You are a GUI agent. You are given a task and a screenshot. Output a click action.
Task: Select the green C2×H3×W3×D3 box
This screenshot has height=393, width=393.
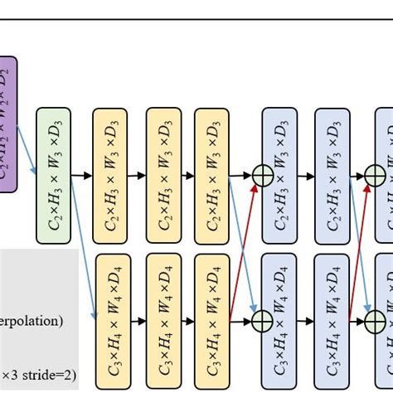pos(54,175)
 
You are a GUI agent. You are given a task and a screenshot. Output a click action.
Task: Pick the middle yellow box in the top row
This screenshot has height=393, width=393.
pos(163,175)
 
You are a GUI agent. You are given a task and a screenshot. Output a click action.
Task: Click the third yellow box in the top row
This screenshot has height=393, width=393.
pos(212,175)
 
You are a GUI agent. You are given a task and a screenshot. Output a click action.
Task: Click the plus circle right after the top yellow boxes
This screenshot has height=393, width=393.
pos(263,176)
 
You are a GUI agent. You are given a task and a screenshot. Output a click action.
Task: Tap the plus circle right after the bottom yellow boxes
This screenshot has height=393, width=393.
pos(263,318)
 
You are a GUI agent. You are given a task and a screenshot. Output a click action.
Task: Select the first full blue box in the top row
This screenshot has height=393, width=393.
pos(279,175)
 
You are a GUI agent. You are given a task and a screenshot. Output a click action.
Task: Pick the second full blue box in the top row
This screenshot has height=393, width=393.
pos(332,175)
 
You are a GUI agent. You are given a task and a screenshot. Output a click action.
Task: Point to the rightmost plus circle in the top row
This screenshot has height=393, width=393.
pos(375,176)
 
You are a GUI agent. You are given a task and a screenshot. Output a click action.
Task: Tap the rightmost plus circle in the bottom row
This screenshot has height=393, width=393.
pos(375,318)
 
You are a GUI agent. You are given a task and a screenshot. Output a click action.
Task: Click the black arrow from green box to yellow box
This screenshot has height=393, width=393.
pos(82,176)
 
